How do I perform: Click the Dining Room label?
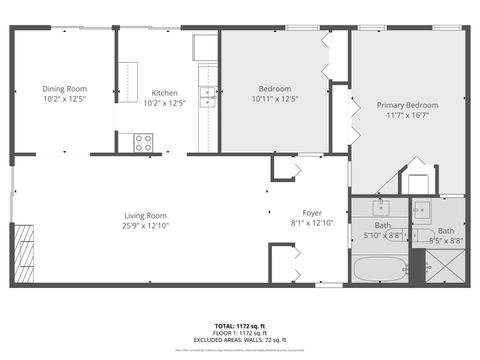[64, 88]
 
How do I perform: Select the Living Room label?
[145, 215]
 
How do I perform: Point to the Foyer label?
[311, 213]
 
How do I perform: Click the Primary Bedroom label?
[407, 105]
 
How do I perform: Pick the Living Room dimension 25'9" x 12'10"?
[145, 225]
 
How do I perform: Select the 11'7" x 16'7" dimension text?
[407, 115]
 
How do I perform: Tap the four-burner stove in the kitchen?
[143, 142]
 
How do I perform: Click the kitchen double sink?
[208, 96]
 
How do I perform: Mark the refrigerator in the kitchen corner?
[205, 47]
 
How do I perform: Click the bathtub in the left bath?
[376, 270]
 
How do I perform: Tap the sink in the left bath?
[381, 208]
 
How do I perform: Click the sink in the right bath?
[422, 210]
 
